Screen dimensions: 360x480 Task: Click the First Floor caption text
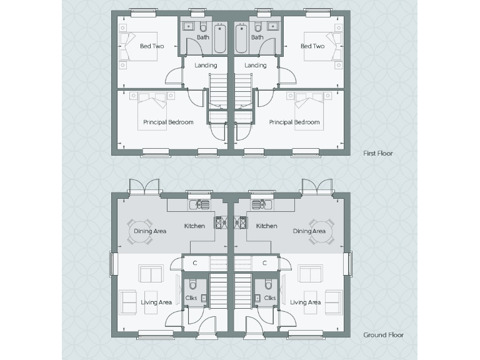378,153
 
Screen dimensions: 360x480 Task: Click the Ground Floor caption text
383,335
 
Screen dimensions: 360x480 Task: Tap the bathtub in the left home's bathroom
219,39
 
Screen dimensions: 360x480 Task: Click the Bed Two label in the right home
312,46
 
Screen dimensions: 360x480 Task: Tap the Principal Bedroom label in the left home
168,122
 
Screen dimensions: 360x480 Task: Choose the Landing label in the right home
256,65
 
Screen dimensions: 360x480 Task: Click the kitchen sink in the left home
199,204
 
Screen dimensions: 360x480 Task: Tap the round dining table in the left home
141,231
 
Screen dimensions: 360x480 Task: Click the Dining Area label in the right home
309,231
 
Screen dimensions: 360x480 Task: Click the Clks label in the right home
270,298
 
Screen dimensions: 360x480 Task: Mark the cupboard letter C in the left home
195,262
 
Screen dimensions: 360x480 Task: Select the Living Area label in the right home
306,302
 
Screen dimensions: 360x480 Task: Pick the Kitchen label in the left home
194,226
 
